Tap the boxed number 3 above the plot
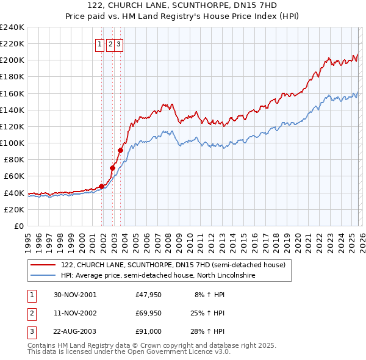pos(118,44)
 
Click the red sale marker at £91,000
pos(121,150)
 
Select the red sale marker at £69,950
pos(112,168)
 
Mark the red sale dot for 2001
pos(102,186)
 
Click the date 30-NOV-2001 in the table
pos(75,295)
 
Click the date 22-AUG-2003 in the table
pos(75,331)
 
